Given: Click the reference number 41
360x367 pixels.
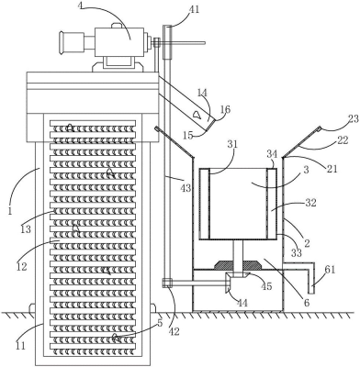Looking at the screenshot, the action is [194, 9].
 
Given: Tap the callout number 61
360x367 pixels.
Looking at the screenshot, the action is [330, 270].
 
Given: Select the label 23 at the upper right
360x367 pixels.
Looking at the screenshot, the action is [354, 119].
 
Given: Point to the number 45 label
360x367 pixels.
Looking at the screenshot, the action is [266, 285].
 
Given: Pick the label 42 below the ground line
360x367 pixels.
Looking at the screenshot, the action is [174, 331].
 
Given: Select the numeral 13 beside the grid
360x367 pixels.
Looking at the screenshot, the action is [26, 228].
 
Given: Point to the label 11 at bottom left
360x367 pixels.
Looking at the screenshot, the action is [19, 346].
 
